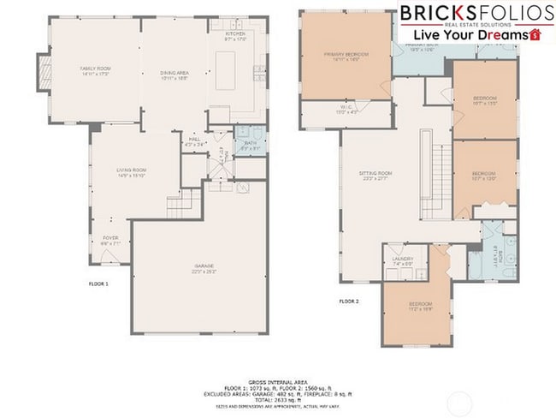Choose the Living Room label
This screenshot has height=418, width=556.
[x=132, y=173]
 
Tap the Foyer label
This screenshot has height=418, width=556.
[x=110, y=240]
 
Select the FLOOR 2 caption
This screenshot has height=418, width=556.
[x=348, y=301]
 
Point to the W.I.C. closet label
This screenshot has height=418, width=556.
[x=346, y=109]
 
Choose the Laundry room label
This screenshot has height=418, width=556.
[x=403, y=260]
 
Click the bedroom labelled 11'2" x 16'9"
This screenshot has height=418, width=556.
[x=419, y=307]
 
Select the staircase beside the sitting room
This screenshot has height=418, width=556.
[x=441, y=171]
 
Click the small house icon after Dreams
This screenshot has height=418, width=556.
[x=536, y=35]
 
